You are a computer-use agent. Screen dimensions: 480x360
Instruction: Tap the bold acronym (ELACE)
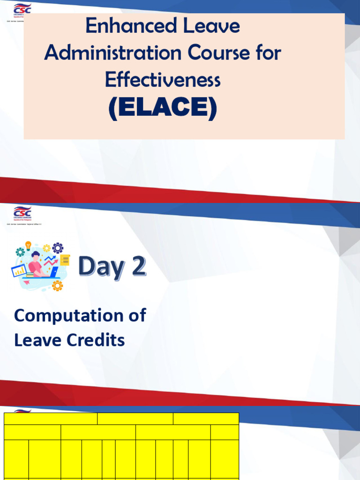163,108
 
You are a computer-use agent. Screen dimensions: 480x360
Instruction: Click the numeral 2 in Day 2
136,267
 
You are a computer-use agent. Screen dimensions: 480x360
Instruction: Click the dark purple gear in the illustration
58,248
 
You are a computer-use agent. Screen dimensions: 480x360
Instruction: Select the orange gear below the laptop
57,285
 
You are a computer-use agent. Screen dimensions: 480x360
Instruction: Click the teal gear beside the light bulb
20,252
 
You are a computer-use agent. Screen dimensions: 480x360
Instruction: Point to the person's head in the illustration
36,256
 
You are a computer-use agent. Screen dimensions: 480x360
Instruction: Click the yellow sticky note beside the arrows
65,260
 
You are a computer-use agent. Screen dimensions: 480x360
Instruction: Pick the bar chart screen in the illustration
19,270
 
